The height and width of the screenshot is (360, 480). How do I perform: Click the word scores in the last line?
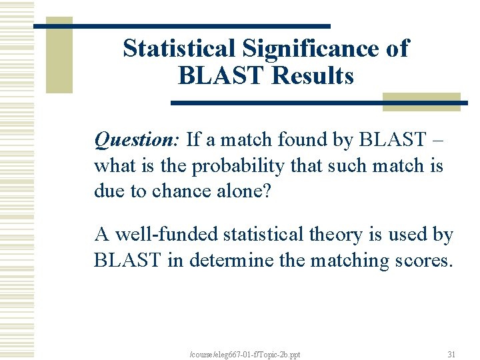pos(422,260)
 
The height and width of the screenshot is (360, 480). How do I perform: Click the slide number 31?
pos(451,354)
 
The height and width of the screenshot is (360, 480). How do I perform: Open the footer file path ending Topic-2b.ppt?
pos(245,354)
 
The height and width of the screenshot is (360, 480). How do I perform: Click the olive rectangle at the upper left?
pos(59,57)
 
